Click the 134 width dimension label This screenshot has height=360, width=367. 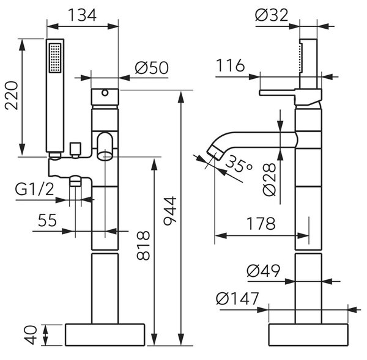pos(82,15)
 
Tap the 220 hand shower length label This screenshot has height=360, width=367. pos(12,95)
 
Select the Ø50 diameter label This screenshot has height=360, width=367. pos(152,68)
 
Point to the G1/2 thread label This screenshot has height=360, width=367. pos(35,189)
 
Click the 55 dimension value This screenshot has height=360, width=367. pos(47,220)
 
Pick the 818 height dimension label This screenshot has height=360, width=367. pos(143,245)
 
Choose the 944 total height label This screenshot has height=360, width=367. pos(170,211)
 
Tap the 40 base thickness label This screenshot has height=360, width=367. pos(31,335)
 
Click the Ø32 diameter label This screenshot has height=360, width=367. pos(272,15)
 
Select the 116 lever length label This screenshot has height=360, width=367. pos(231,65)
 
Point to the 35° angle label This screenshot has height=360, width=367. pos(239,164)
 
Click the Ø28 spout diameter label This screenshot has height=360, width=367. pos(269,180)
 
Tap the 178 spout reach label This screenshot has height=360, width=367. pos(261,224)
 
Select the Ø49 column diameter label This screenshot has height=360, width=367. pos(264,271)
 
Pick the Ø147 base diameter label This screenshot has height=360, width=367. pos(237,298)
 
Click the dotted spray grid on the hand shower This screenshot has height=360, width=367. pos(55,58)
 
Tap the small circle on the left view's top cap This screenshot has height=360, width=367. pos(105,93)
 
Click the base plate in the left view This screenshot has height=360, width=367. pos(105,335)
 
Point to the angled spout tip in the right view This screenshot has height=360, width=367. pos(215,152)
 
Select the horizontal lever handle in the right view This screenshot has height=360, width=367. pos(277,93)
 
